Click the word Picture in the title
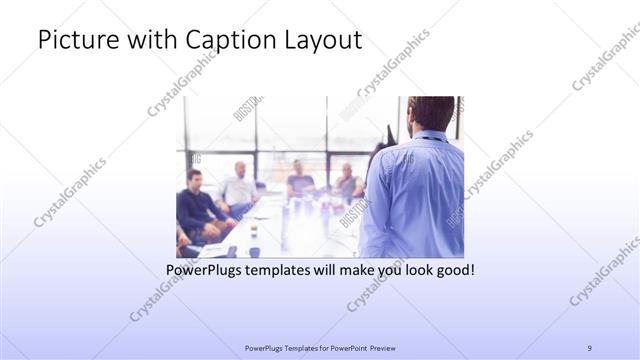(x=76, y=42)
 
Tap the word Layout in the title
(x=319, y=42)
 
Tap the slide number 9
(x=590, y=348)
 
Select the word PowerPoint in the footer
(x=345, y=348)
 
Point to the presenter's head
(x=430, y=113)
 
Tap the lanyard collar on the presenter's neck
(x=430, y=136)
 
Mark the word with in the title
(x=145, y=42)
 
